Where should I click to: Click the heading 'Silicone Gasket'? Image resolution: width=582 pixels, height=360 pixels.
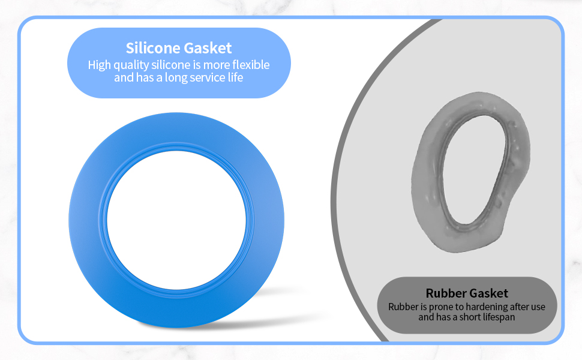tap(179, 48)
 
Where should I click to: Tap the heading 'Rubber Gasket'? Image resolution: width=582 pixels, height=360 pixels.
tap(467, 293)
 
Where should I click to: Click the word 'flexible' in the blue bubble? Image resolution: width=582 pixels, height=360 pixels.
tap(251, 65)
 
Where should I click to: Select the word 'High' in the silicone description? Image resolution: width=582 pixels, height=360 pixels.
tap(100, 65)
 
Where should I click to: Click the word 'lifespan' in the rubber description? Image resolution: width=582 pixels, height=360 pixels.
tap(496, 317)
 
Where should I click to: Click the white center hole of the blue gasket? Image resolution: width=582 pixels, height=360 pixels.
tap(177, 218)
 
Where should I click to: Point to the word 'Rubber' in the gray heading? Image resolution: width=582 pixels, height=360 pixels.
tap(446, 293)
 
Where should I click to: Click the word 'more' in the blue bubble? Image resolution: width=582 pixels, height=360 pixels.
tap(218, 65)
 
